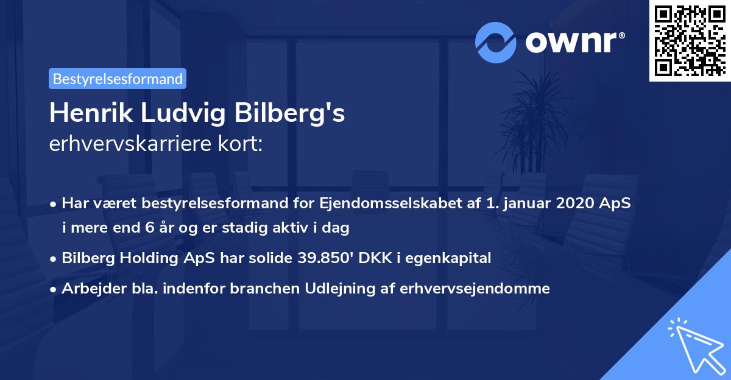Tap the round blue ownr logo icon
point(495,43)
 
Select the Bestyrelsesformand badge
point(118,79)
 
